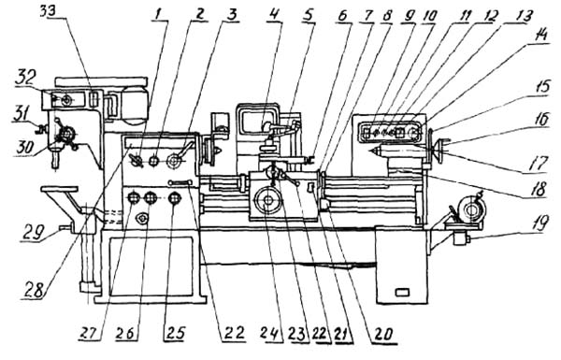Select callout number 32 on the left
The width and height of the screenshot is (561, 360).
[24, 79]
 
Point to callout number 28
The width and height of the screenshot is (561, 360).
[36, 289]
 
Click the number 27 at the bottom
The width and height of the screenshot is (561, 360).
[89, 334]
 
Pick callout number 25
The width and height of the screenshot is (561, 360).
[175, 333]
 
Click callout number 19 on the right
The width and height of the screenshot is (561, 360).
[539, 223]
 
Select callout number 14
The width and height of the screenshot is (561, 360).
[539, 36]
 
